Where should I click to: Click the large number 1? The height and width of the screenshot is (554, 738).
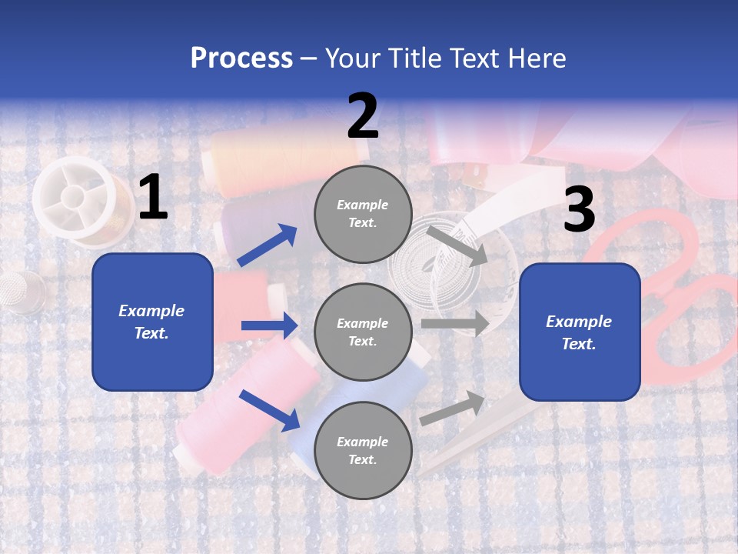click(x=153, y=198)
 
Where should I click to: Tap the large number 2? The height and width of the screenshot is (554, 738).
click(x=363, y=116)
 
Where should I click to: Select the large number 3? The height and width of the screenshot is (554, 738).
click(x=579, y=211)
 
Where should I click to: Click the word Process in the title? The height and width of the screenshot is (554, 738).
click(x=241, y=58)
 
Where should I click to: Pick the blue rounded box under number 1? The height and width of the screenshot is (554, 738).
click(x=152, y=322)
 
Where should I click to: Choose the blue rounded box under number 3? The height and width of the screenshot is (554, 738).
click(x=580, y=332)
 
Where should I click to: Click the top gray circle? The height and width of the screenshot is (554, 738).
click(x=363, y=214)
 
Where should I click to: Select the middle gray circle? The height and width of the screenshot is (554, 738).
click(x=363, y=332)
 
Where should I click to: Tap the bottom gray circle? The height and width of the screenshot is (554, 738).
click(x=363, y=450)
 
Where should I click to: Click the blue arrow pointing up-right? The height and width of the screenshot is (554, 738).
click(x=268, y=245)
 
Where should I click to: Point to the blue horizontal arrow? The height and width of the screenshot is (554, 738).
click(x=269, y=325)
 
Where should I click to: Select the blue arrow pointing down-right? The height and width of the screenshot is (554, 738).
click(x=269, y=409)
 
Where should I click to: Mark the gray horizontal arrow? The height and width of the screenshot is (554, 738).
click(x=455, y=323)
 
